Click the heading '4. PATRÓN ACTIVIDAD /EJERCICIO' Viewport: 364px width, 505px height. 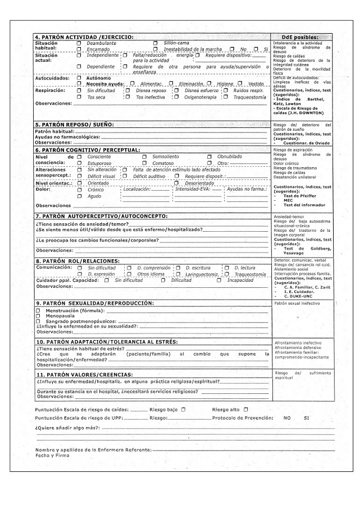point(84,37)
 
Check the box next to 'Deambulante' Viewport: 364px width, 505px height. point(79,43)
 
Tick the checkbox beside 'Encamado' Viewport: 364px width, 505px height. point(79,49)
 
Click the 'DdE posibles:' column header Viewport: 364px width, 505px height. point(302,37)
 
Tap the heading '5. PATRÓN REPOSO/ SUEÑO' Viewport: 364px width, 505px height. point(74,124)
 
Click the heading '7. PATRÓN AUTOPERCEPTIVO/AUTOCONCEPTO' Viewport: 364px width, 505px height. point(101,216)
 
